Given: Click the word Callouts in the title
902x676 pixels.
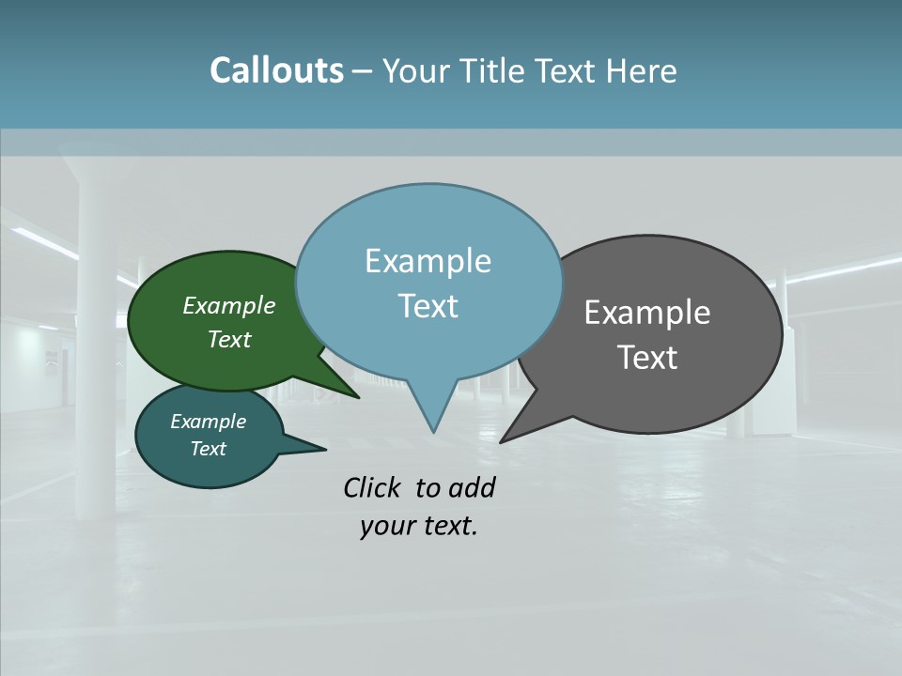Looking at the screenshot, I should pyautogui.click(x=276, y=70).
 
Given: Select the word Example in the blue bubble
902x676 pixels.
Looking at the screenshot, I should pyautogui.click(x=428, y=261).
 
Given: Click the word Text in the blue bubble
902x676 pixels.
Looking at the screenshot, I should pyautogui.click(x=428, y=306).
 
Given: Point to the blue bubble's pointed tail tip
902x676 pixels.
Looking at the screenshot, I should pyautogui.click(x=433, y=432).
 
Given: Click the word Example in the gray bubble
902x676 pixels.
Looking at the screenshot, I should pyautogui.click(x=647, y=313).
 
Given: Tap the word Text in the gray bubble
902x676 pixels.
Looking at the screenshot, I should pyautogui.click(x=647, y=358).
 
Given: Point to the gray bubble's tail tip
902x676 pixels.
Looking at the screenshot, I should pyautogui.click(x=501, y=442).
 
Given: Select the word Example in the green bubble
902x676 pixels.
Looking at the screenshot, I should pyautogui.click(x=229, y=306).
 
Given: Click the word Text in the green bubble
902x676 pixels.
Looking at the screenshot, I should pyautogui.click(x=229, y=339).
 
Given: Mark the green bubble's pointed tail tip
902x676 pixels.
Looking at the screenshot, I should pyautogui.click(x=359, y=397).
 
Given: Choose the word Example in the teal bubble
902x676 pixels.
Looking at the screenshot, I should pyautogui.click(x=209, y=422).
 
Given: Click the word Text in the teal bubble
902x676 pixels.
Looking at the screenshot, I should pyautogui.click(x=209, y=449).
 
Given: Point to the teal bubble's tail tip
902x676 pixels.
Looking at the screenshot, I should pyautogui.click(x=326, y=448).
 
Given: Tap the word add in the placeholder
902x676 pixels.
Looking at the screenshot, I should pyautogui.click(x=472, y=487).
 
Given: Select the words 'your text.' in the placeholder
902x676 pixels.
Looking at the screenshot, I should pyautogui.click(x=419, y=526).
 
